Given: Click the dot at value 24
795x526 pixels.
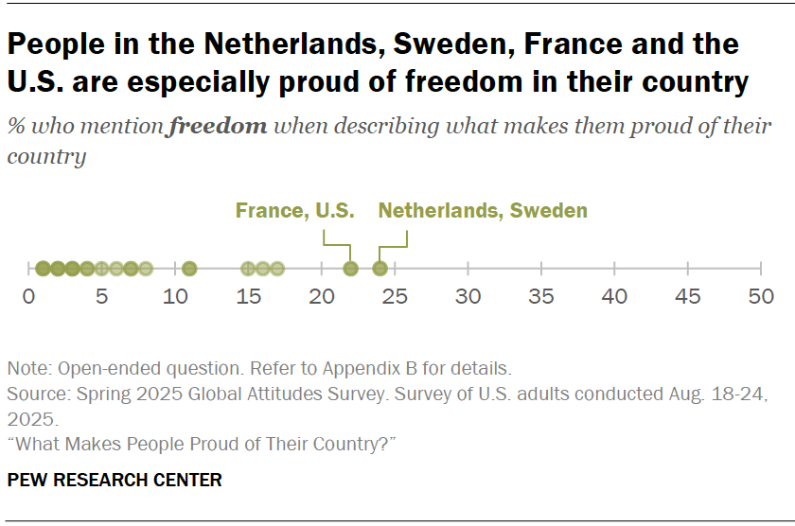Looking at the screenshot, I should tap(380, 269).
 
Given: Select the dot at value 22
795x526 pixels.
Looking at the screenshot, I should tap(350, 269).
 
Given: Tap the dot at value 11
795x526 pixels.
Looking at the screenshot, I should tap(189, 269).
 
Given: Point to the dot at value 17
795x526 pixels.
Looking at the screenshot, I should tap(277, 269).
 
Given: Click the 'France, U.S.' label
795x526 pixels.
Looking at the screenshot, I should tap(295, 211).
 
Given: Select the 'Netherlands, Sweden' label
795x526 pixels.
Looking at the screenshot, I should tap(483, 211).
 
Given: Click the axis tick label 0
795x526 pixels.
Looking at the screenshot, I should tap(28, 297).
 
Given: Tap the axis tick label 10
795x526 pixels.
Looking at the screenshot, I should tap(175, 297).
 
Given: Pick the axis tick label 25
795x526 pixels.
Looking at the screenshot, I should tap(395, 297).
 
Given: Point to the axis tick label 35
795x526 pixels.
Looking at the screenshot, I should tap(541, 297).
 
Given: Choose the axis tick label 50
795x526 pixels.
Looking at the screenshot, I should tap(761, 297).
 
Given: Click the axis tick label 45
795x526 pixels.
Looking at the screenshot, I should tap(688, 297).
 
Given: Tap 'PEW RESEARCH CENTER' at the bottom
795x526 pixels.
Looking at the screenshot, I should tap(115, 481).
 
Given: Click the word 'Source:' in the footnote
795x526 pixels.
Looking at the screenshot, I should tap(35, 392).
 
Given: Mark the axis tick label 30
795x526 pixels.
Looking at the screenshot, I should tap(468, 297).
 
